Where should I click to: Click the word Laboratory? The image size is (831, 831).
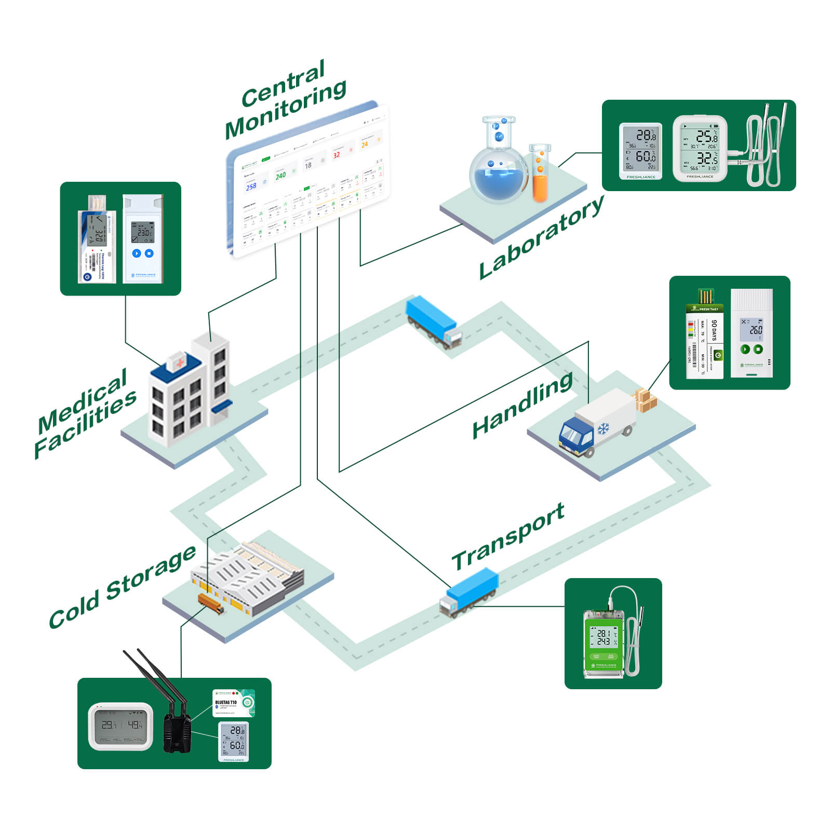tap(541, 237)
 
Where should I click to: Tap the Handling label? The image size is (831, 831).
tap(522, 405)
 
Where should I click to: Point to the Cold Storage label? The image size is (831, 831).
tap(122, 587)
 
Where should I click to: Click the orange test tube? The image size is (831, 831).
tap(540, 174)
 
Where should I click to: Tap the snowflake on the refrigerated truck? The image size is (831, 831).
tap(603, 429)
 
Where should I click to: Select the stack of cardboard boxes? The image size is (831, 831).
tap(646, 400)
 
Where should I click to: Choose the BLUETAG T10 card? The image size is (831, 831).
tap(233, 703)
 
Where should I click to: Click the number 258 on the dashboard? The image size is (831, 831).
tap(251, 186)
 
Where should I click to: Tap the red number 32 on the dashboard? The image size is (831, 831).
tap(337, 155)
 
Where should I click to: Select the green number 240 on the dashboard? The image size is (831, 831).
tap(280, 176)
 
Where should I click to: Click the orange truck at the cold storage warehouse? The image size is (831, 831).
tap(210, 604)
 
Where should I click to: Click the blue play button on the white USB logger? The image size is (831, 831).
tap(136, 253)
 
